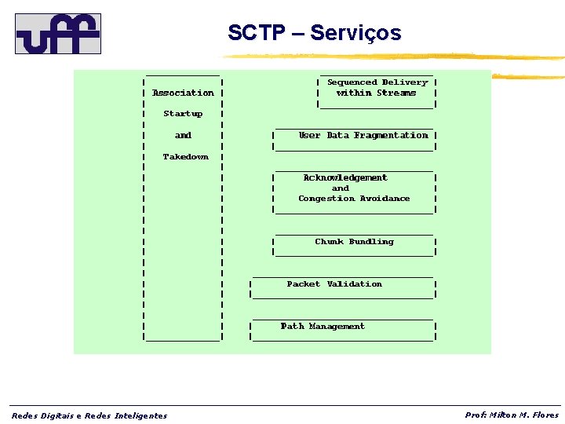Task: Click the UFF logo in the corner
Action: tap(58, 33)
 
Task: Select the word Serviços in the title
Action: tap(355, 33)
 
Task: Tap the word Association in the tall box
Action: tap(183, 93)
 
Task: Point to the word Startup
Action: tap(183, 114)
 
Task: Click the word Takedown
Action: tap(186, 157)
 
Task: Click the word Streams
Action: tap(396, 93)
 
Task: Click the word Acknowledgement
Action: tap(345, 178)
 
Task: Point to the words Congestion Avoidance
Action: tap(354, 199)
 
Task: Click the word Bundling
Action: tap(371, 242)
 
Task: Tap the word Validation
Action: tap(354, 284)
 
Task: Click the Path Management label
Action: tap(323, 327)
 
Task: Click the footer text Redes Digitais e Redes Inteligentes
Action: tap(89, 415)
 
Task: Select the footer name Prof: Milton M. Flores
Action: tap(512, 415)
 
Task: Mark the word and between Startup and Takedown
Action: tap(183, 135)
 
